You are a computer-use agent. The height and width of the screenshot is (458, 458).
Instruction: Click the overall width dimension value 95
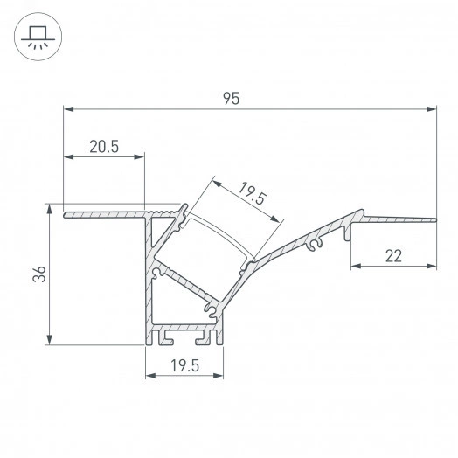(231, 99)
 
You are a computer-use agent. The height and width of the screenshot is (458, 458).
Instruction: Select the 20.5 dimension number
(104, 147)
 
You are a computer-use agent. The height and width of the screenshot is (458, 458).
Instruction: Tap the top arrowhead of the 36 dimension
(49, 211)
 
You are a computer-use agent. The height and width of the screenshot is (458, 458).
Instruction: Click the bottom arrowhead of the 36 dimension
(49, 341)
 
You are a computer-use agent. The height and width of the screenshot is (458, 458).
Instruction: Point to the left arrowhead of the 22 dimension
(355, 265)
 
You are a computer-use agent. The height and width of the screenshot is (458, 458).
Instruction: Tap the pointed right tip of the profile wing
(434, 219)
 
